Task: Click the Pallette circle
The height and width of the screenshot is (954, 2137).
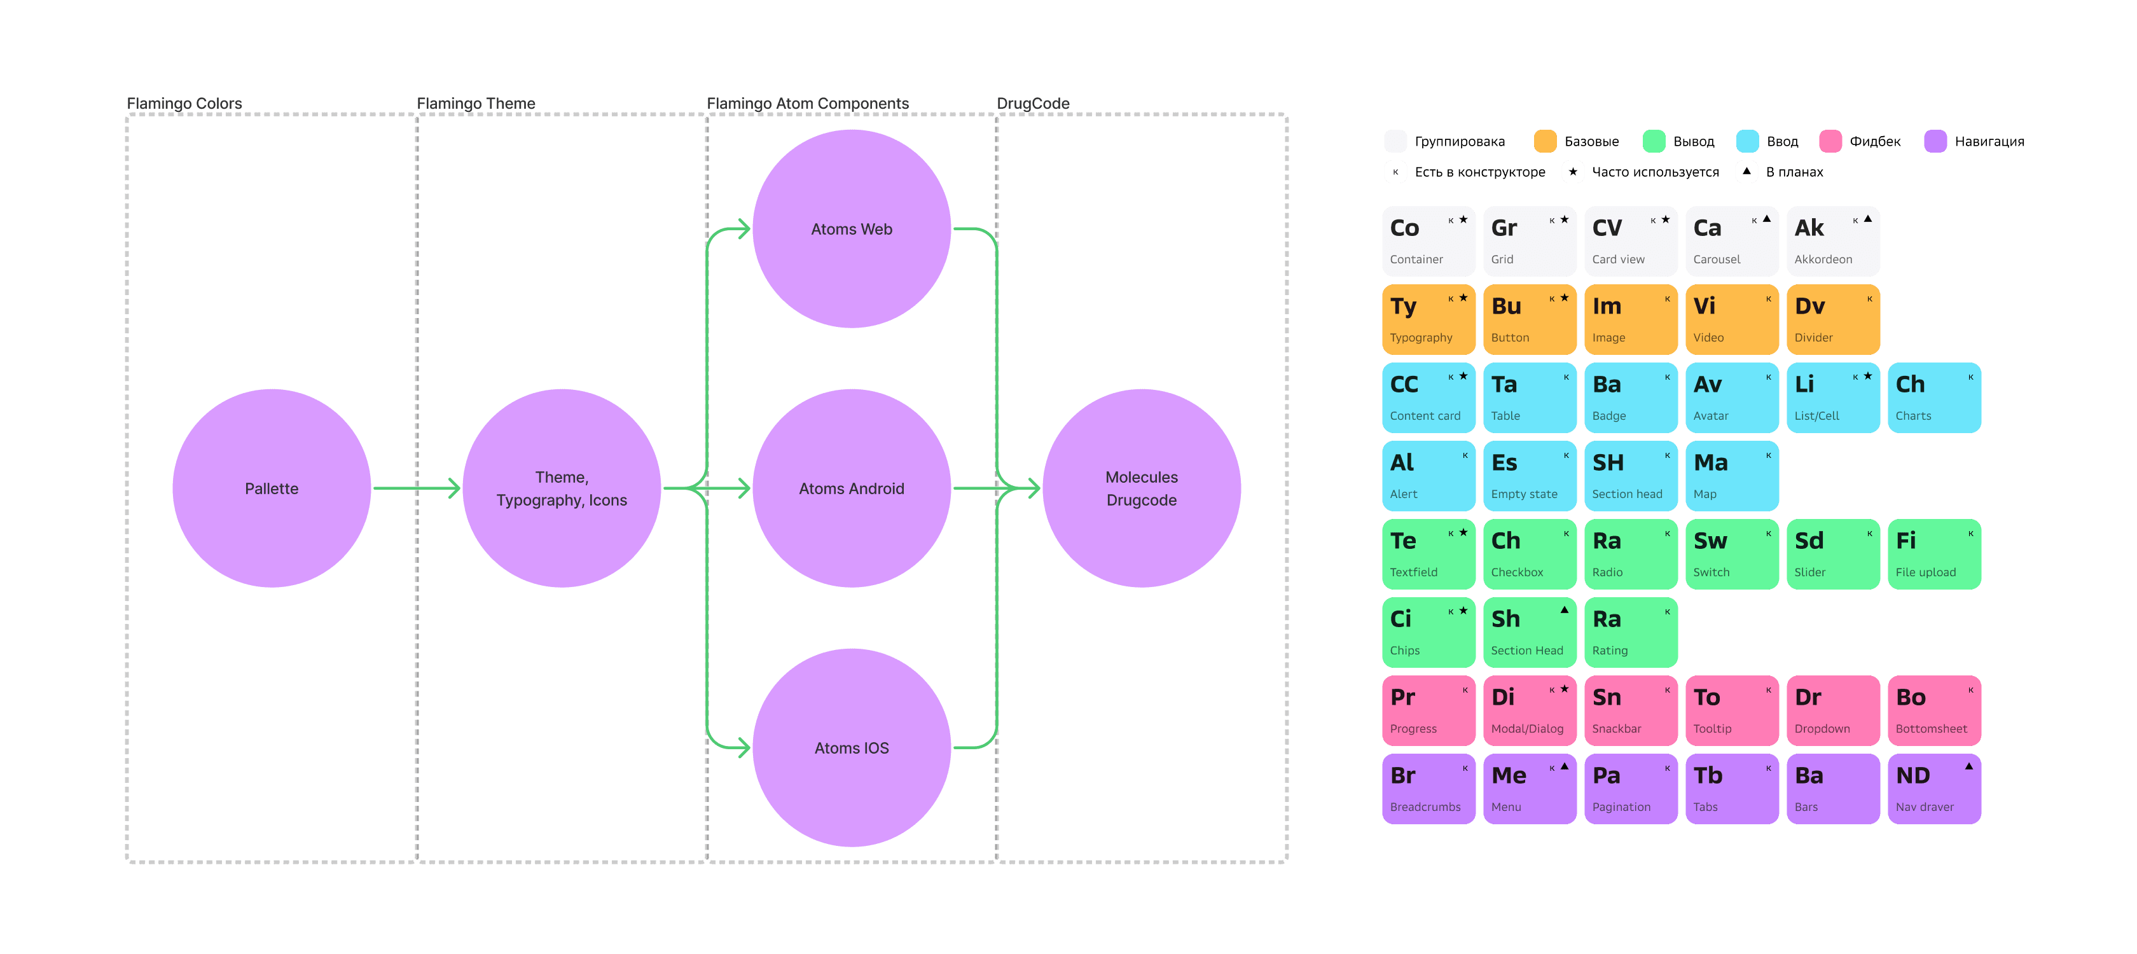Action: [272, 488]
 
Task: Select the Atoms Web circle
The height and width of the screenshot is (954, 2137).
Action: [851, 229]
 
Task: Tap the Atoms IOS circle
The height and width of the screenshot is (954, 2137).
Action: [851, 747]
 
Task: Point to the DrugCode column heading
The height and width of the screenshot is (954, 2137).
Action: [1033, 104]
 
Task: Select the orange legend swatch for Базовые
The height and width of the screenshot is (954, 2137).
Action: [1545, 142]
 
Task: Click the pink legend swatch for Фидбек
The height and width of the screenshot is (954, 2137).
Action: [1830, 142]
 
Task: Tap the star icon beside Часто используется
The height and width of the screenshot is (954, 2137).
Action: [1572, 172]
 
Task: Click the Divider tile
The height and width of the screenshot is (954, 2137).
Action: [1832, 319]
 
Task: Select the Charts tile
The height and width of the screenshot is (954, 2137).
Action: [1933, 398]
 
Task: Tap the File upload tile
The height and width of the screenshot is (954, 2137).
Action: [1933, 554]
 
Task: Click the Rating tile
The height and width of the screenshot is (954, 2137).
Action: [1630, 633]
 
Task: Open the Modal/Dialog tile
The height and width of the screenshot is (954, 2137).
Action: [1529, 711]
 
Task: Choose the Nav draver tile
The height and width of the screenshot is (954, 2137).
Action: [1933, 789]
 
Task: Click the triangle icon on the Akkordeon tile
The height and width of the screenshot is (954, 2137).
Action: [1867, 219]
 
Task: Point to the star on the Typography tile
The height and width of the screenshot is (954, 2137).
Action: [1463, 298]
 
